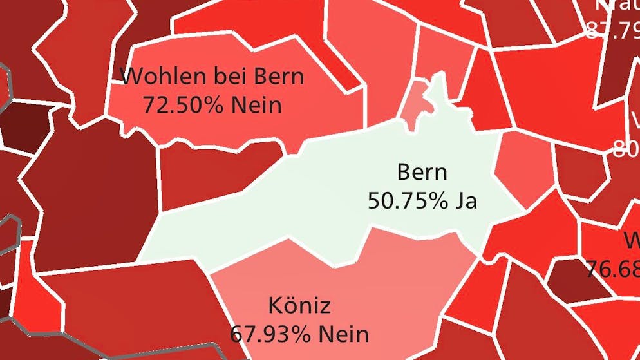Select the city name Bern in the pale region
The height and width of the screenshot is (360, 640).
422,173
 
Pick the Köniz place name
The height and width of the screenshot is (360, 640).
299,305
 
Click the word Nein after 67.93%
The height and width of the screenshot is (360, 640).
343,334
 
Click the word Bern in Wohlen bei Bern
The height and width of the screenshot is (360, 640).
279,76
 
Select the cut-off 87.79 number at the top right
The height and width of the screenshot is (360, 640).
612,30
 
